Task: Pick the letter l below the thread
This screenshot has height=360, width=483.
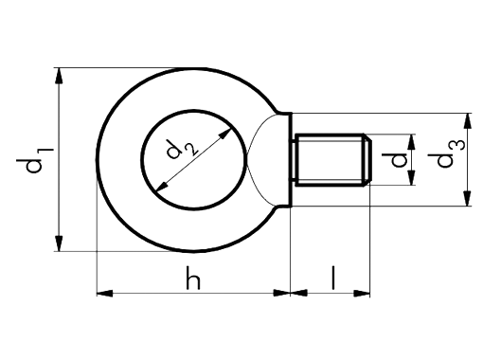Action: pos(332,278)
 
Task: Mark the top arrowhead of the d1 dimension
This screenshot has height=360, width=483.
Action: pos(60,76)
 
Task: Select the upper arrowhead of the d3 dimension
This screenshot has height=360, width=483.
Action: pos(467,120)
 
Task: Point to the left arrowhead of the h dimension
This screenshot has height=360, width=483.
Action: pos(105,293)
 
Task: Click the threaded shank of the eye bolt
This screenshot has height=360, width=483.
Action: pos(327,161)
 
